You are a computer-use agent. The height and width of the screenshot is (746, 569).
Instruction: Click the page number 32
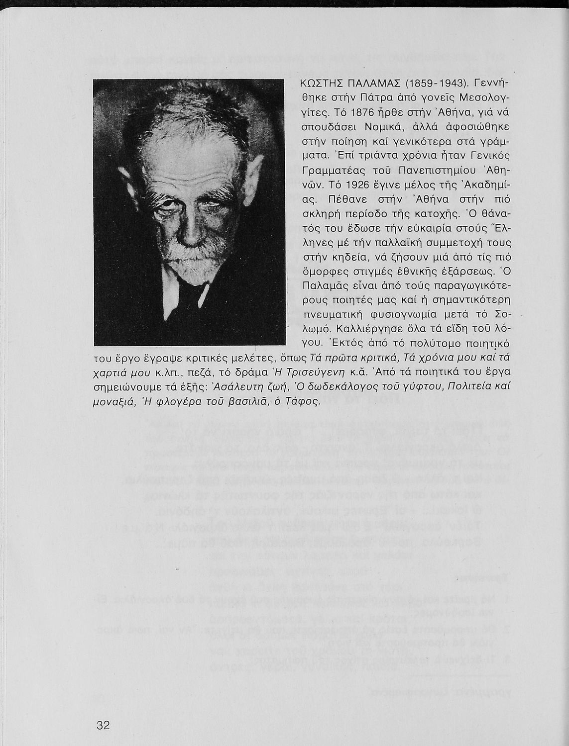click(103, 725)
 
